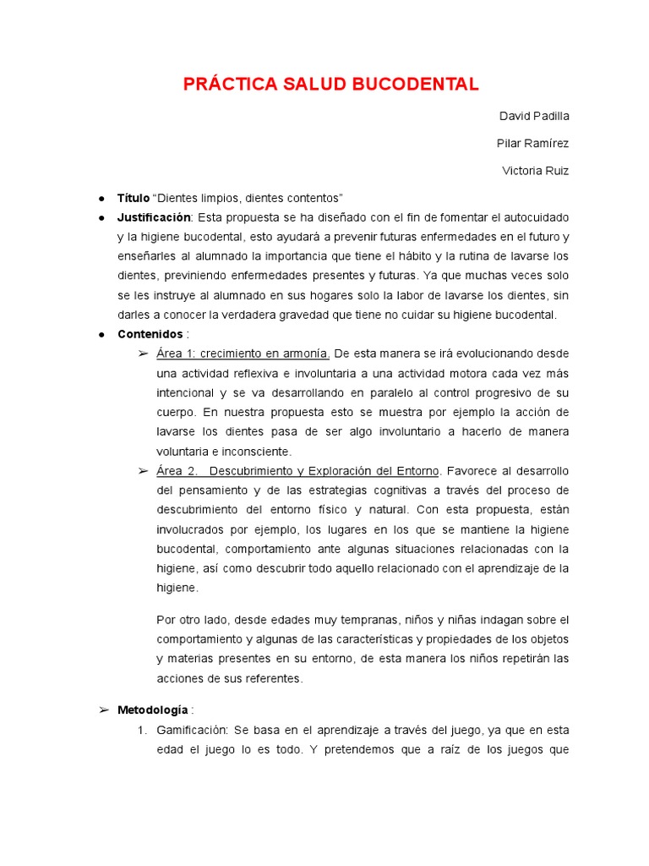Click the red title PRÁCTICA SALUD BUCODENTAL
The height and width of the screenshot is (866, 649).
pos(331,84)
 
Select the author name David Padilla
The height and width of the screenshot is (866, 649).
pos(535,116)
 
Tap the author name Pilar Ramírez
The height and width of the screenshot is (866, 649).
pos(532,143)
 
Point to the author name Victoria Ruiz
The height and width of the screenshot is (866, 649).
pos(535,171)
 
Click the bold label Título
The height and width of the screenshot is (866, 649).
pos(133,198)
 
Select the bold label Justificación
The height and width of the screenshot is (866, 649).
pos(154,217)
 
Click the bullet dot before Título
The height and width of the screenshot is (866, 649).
pos(101,199)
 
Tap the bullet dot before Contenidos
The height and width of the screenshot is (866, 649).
pos(101,335)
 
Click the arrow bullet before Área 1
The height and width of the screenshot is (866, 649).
pos(143,354)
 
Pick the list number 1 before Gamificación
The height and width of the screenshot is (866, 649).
pos(141,729)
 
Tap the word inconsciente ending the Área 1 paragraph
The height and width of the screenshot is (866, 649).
pos(253,451)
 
